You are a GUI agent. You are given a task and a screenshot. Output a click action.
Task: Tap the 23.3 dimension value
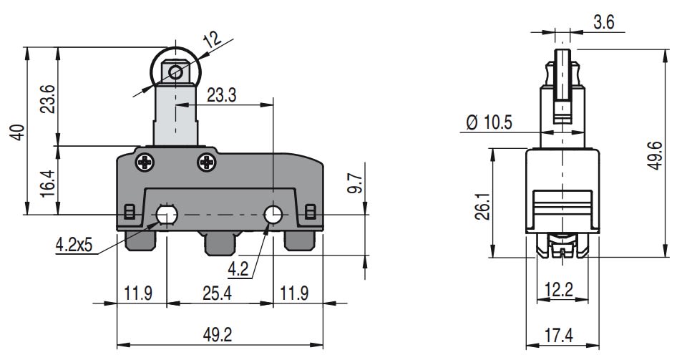coord(222,95)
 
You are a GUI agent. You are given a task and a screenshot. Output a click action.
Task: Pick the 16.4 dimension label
coord(47,183)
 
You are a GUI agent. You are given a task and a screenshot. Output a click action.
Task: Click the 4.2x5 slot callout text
coord(74,246)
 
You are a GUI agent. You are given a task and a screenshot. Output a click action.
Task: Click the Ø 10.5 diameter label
coord(489,122)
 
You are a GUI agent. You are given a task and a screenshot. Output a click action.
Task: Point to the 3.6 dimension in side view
coord(603,22)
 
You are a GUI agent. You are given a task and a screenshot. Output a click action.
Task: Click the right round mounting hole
coord(273,214)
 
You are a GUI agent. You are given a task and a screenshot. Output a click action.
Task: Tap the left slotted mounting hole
coord(167,214)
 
